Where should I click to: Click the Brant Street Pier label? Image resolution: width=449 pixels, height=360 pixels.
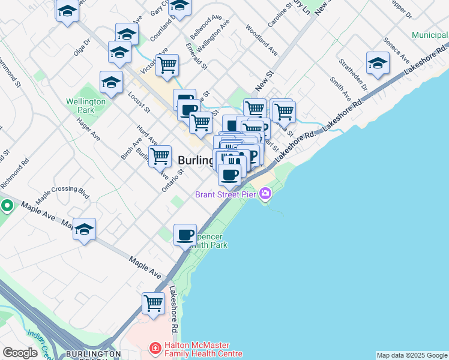tap(226, 194)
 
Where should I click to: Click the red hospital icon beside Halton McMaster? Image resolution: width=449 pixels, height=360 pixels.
tap(155, 348)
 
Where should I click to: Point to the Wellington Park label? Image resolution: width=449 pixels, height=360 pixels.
tap(86, 106)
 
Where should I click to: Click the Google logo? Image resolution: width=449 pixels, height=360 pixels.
tap(20, 353)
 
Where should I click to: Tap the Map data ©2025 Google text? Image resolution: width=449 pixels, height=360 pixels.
tap(412, 355)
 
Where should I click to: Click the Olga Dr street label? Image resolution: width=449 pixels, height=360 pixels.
tap(82, 47)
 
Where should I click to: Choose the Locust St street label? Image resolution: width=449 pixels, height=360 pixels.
tap(139, 103)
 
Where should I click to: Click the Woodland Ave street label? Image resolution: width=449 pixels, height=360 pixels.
tap(262, 40)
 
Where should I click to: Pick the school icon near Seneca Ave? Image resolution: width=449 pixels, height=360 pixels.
tap(378, 63)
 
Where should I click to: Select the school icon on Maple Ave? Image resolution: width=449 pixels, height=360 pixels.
tap(85, 229)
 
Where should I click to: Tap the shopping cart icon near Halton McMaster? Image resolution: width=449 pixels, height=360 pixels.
tap(154, 303)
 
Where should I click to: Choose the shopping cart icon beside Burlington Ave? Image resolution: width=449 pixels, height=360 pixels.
tap(160, 156)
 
